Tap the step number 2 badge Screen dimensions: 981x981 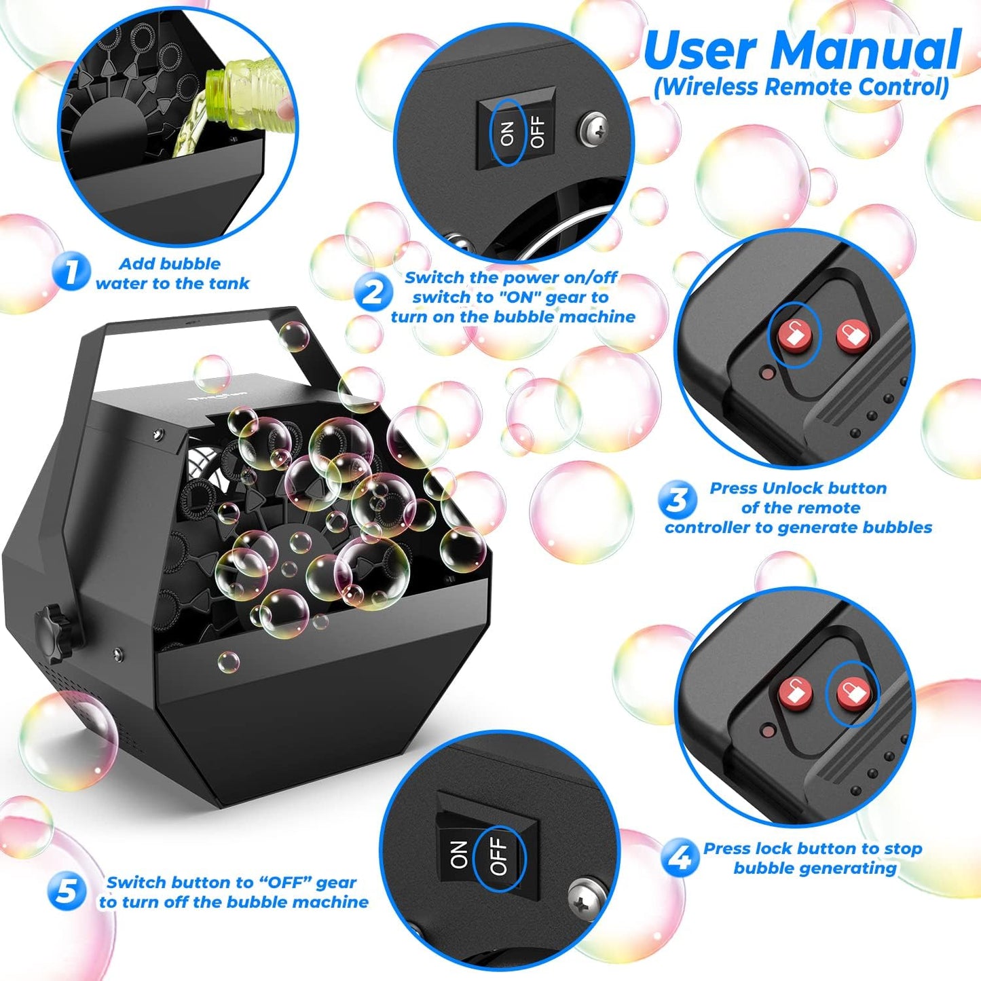click(373, 293)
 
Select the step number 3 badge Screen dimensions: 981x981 click(677, 501)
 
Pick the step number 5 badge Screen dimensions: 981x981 click(67, 891)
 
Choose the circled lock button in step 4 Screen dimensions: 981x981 click(851, 692)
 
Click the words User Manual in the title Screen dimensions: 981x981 click(801, 50)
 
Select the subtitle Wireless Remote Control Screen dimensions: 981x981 click(801, 87)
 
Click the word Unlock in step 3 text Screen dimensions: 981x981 click(790, 488)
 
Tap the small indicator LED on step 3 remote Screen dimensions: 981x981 click(767, 373)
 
